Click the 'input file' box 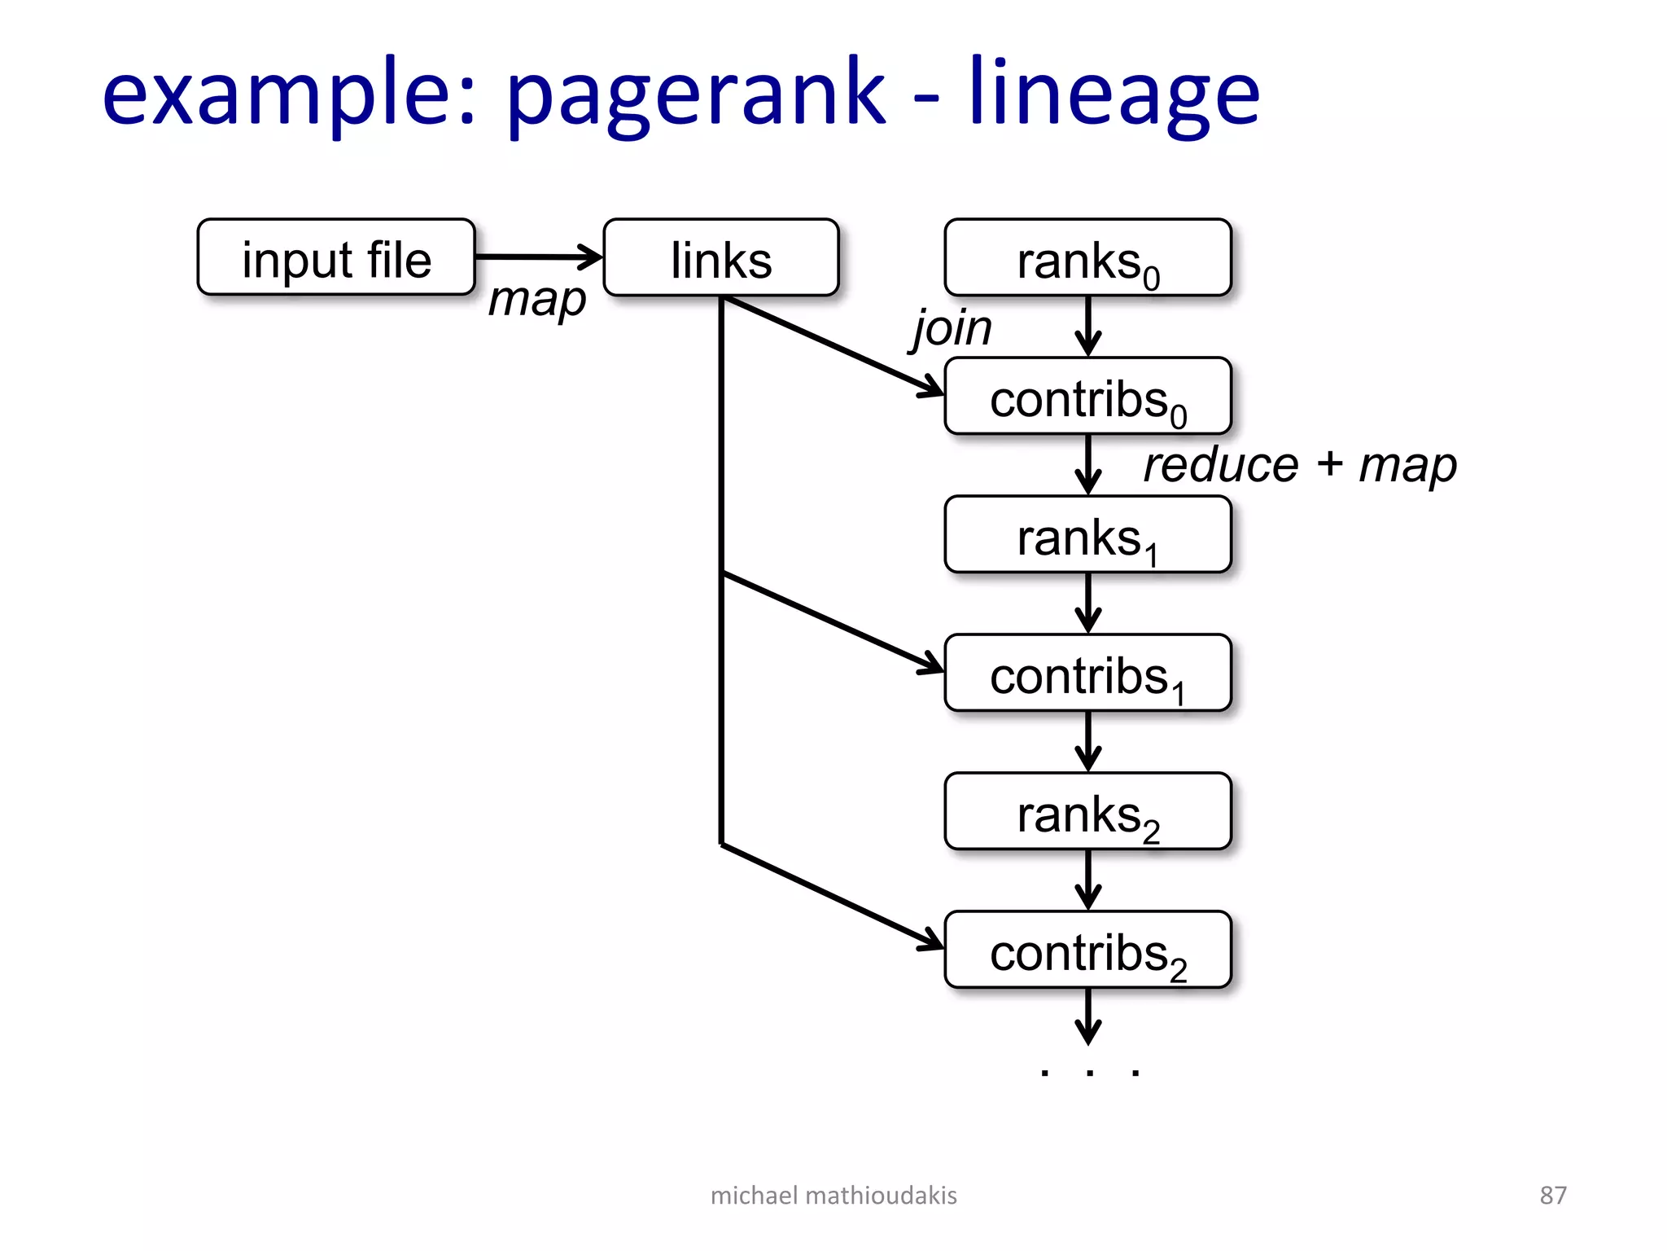pyautogui.click(x=335, y=257)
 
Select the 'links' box pyautogui.click(x=720, y=257)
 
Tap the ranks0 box pyautogui.click(x=1087, y=257)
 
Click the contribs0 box pyautogui.click(x=1087, y=397)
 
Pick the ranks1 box pyautogui.click(x=1087, y=535)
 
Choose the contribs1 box pyautogui.click(x=1087, y=674)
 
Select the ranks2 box pyautogui.click(x=1087, y=812)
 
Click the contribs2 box pyautogui.click(x=1087, y=950)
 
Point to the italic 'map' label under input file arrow pyautogui.click(x=536, y=301)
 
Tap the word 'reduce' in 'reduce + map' pyautogui.click(x=1220, y=466)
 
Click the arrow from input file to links pyautogui.click(x=538, y=257)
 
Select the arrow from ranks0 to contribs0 pyautogui.click(x=1087, y=326)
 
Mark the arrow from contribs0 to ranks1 pyautogui.click(x=1087, y=464)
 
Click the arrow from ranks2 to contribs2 pyautogui.click(x=1087, y=880)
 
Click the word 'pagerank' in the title pyautogui.click(x=695, y=94)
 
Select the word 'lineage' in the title pyautogui.click(x=1114, y=94)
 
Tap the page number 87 pyautogui.click(x=1552, y=1195)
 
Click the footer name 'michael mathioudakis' pyautogui.click(x=833, y=1195)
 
